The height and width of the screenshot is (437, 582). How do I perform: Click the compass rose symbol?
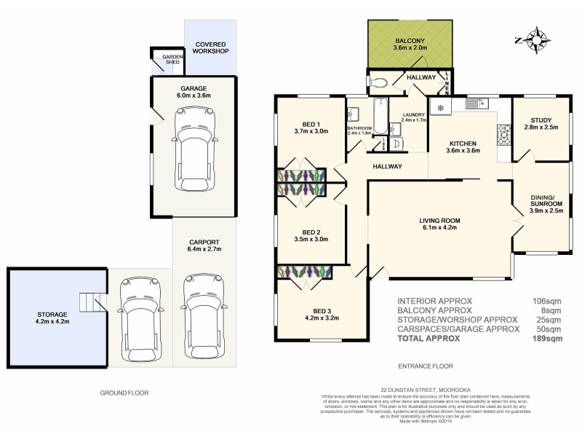[x=536, y=40]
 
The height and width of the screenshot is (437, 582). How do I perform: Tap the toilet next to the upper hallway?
[x=377, y=82]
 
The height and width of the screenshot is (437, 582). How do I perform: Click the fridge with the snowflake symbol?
[x=439, y=108]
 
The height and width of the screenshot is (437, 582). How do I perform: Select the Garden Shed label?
[x=172, y=59]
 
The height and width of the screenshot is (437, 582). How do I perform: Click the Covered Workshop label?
[x=211, y=48]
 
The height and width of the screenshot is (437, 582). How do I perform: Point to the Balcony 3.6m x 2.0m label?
[x=412, y=44]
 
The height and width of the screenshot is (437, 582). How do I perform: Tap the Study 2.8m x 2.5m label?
[x=541, y=124]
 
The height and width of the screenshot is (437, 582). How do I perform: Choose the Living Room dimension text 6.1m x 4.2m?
[x=439, y=227]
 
